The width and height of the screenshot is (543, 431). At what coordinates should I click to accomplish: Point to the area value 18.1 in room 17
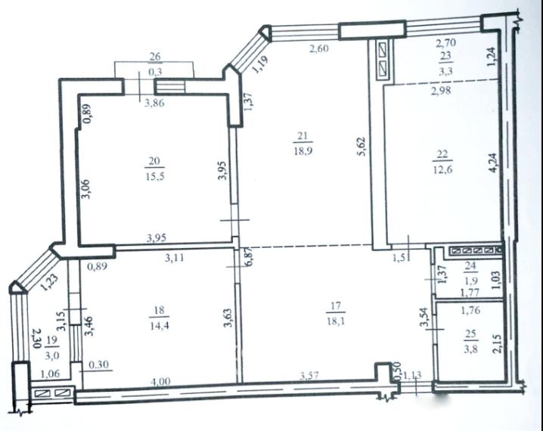(x=338, y=320)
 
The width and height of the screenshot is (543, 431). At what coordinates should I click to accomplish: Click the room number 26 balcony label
(x=156, y=55)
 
